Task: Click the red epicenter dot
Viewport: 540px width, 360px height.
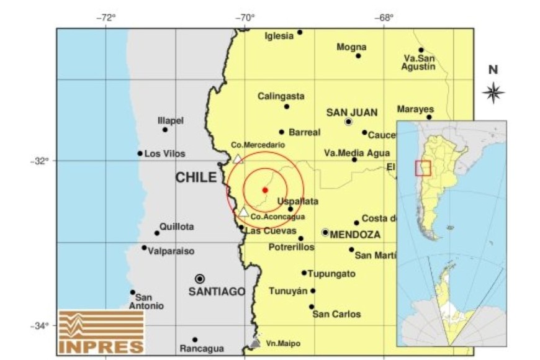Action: click(265, 190)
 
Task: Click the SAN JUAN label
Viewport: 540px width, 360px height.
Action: click(351, 112)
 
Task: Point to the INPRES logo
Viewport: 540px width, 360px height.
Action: click(101, 331)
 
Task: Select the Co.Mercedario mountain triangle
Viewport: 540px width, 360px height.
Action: click(238, 159)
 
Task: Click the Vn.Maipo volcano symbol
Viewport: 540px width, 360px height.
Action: click(256, 342)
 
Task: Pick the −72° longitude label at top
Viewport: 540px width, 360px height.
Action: click(107, 17)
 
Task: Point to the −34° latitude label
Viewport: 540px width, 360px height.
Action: click(38, 325)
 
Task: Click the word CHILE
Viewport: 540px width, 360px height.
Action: click(196, 178)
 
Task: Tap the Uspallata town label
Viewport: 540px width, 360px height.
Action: click(298, 201)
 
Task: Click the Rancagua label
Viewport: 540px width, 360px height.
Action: click(202, 348)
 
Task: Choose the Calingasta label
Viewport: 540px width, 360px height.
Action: click(281, 96)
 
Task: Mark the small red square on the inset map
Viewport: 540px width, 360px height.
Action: click(423, 168)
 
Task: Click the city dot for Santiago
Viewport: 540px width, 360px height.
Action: click(200, 279)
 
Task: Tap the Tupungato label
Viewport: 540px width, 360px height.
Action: click(332, 274)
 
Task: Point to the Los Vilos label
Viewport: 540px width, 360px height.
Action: click(164, 153)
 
